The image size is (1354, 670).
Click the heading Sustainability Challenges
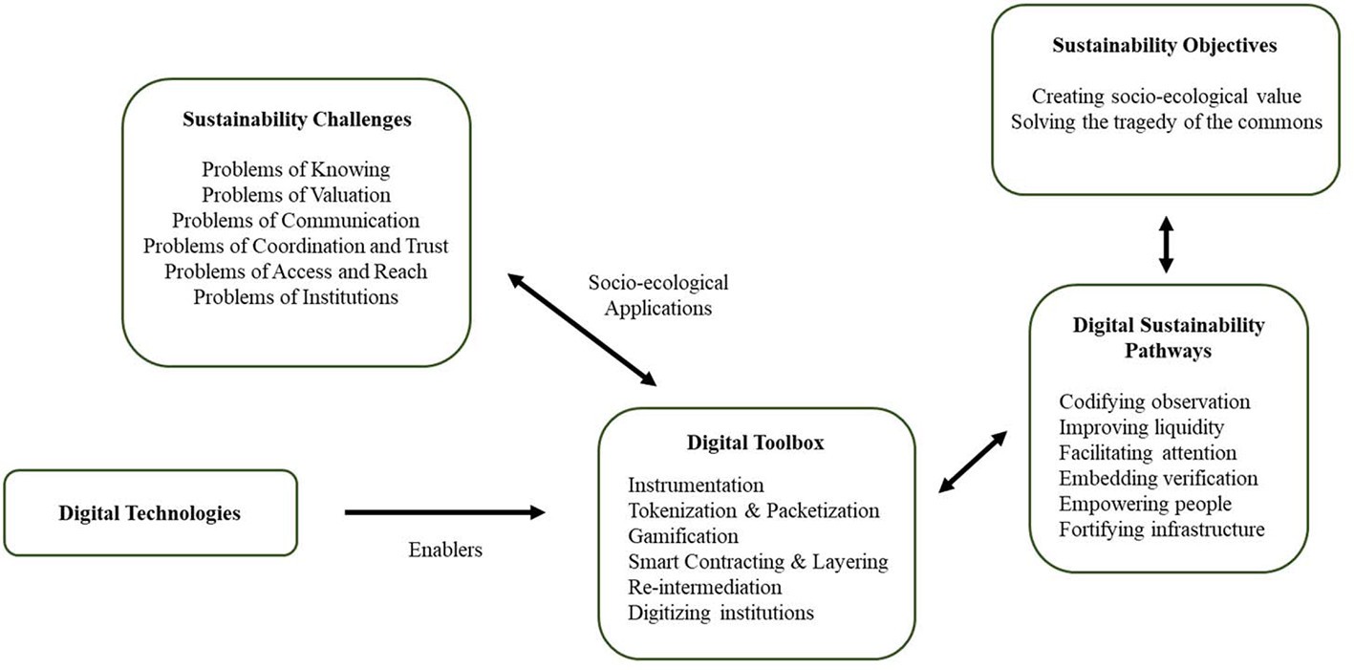296,120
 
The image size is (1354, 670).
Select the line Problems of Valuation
296,195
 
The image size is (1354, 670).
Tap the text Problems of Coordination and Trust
296,246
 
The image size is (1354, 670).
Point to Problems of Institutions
296,296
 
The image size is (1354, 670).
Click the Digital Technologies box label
150,513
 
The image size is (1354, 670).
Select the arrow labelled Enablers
444,513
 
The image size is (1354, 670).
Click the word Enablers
444,550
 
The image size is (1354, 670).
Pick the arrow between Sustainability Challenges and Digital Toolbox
582,330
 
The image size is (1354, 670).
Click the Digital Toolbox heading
755,443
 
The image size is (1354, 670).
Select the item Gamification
683,535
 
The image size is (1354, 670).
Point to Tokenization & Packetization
753,510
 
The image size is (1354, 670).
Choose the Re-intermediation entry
704,586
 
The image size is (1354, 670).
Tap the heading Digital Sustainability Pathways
1168,337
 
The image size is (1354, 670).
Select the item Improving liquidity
1142,427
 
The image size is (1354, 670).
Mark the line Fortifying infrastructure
1162,530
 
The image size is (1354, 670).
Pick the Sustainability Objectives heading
1165,46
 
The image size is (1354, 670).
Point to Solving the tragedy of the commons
1166,122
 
